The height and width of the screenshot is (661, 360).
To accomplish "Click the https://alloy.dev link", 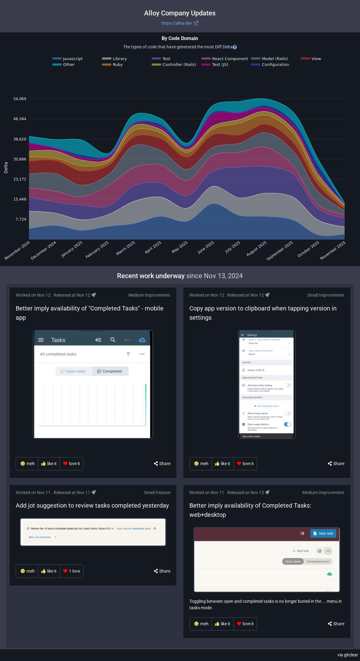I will (180, 23).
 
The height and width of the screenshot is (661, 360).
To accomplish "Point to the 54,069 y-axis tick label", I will (20, 99).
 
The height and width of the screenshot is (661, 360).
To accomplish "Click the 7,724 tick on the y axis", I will (20, 219).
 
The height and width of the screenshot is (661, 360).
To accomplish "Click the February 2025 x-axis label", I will (97, 249).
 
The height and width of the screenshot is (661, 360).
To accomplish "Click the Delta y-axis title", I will (6, 168).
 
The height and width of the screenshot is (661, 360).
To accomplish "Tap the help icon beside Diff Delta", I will (235, 47).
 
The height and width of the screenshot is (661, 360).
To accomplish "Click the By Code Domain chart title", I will (180, 39).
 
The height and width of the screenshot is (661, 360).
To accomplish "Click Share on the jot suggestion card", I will (162, 571).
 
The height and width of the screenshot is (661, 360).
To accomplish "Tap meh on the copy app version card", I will (200, 464).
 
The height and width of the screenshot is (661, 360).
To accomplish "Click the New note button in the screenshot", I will (323, 533).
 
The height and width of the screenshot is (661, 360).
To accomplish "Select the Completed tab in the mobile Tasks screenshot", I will (110, 371).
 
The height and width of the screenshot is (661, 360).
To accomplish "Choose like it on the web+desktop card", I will (222, 624).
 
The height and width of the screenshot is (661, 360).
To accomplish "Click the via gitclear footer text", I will (347, 655).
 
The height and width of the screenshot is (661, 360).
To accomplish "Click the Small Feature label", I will (157, 493).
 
